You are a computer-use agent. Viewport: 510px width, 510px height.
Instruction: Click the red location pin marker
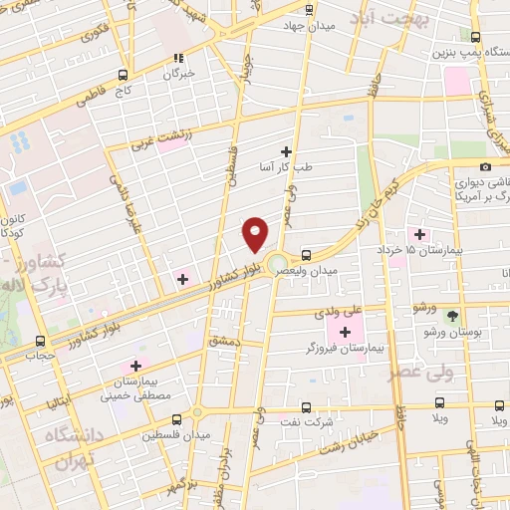click(257, 233)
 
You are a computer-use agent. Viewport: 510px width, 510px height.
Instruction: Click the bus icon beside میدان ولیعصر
click(306, 255)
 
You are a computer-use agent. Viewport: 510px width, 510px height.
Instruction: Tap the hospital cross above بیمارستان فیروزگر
click(346, 332)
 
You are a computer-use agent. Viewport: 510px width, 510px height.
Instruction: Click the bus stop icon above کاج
click(124, 75)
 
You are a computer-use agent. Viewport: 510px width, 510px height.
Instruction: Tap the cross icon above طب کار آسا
click(286, 151)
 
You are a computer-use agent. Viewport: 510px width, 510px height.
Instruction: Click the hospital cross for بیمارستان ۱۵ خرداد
click(419, 234)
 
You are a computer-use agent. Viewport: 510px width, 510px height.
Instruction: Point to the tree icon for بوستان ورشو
click(453, 316)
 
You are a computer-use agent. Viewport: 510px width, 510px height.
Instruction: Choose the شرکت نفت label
click(306, 421)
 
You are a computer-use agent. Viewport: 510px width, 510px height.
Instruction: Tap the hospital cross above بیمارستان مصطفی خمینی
click(135, 366)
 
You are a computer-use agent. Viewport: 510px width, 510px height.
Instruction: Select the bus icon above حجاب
click(39, 341)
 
